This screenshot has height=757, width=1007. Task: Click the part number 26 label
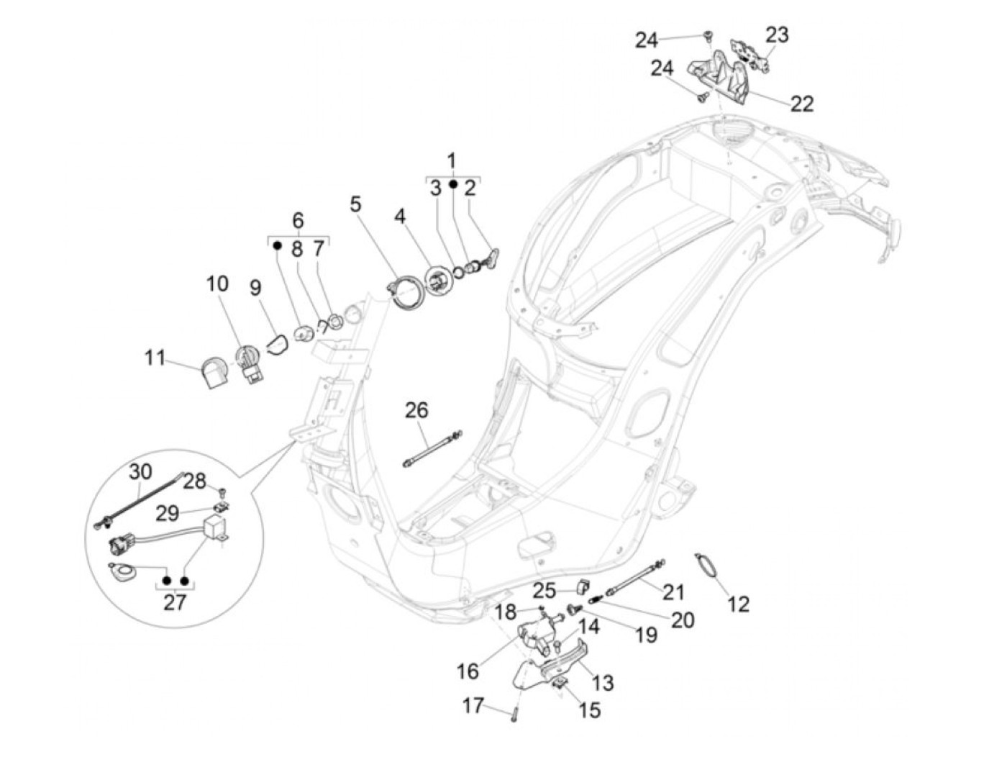tap(416, 411)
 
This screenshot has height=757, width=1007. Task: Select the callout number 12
tap(738, 603)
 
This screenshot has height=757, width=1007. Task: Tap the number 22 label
tap(802, 104)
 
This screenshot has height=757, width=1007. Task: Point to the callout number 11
tap(155, 358)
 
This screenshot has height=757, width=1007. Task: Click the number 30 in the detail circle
tap(140, 472)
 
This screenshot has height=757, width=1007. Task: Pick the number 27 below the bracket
tap(175, 602)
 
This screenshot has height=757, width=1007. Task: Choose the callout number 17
tap(473, 706)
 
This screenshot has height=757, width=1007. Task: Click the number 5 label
tap(356, 204)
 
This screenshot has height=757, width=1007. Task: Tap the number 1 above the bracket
tap(452, 159)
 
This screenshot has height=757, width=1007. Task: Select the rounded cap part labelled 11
tap(211, 373)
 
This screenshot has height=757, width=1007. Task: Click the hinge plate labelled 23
tap(750, 53)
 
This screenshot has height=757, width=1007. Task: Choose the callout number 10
tap(217, 284)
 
